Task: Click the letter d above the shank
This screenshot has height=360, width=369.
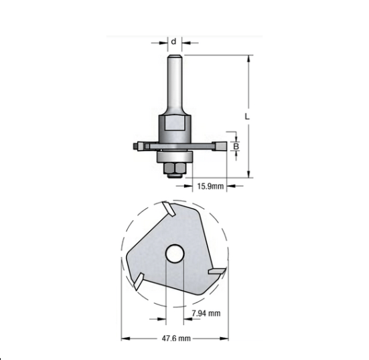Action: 173,41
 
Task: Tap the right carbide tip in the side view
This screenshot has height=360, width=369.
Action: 218,144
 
